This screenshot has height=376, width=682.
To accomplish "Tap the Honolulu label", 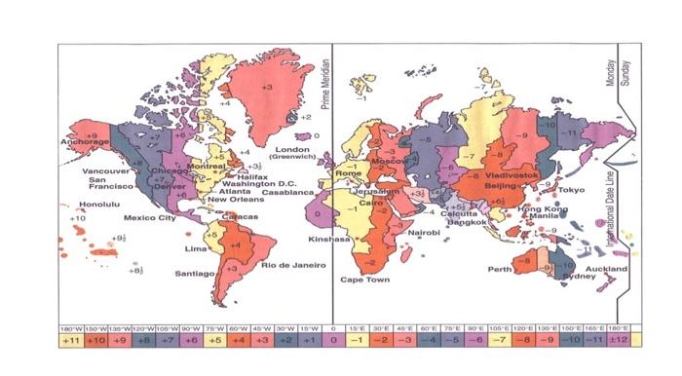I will point(98,205).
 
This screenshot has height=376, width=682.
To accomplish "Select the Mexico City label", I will point(148,217).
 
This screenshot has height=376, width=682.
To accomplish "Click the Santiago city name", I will point(195,274).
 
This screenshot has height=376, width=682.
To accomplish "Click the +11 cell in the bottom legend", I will point(71,342).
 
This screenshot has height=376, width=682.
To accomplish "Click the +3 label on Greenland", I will point(267,88).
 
